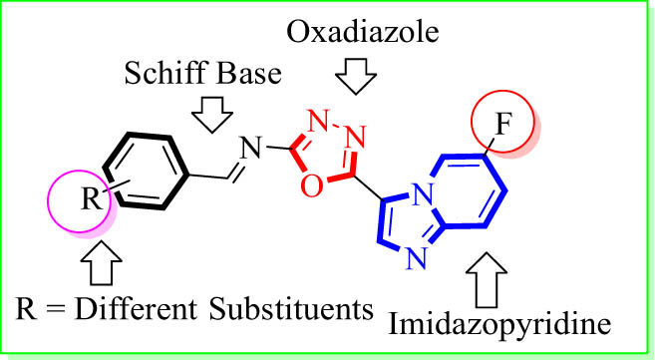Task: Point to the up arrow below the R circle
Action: click(x=102, y=262)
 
